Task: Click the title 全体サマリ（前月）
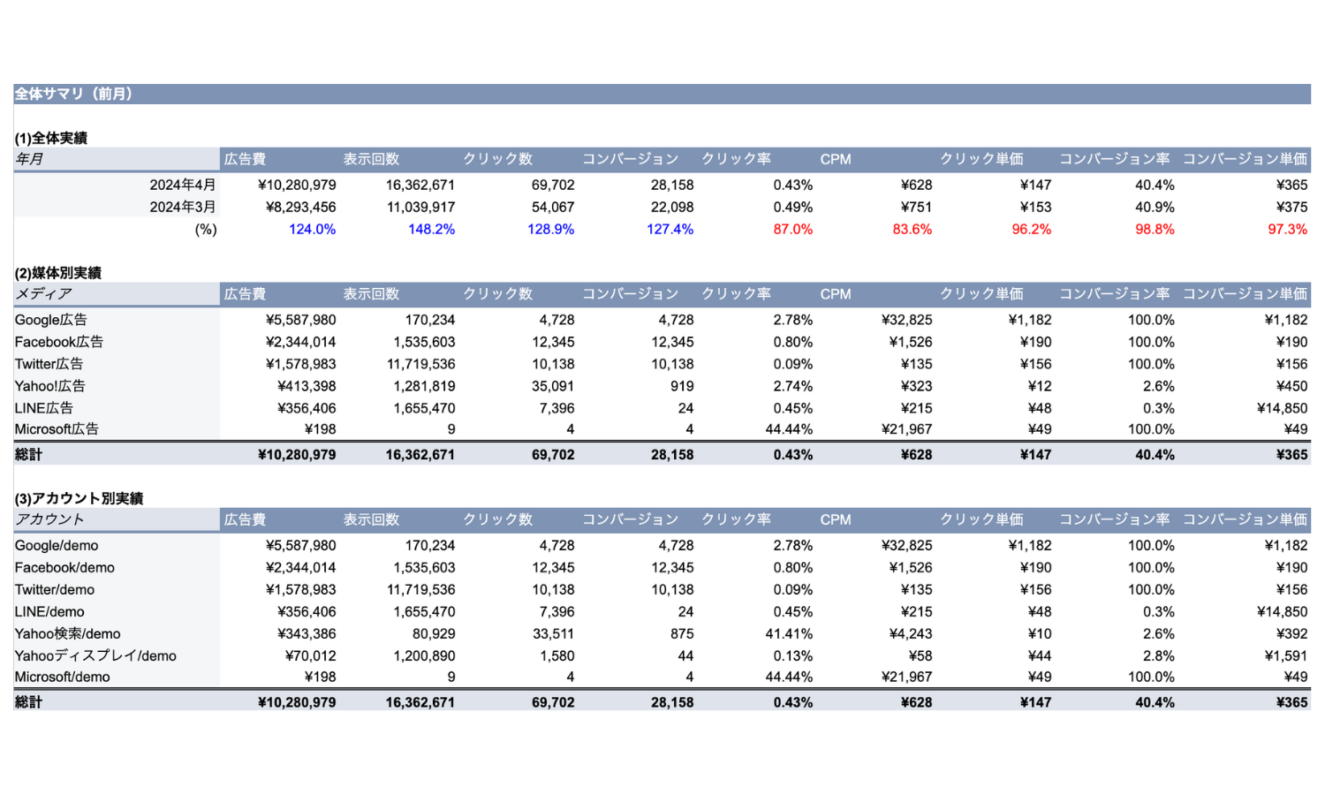click(x=73, y=94)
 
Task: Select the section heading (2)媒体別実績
click(x=58, y=273)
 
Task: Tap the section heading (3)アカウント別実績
click(x=79, y=498)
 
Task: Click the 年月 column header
click(x=29, y=159)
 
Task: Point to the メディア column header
click(x=43, y=294)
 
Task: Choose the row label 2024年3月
click(x=183, y=207)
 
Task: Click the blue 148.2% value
click(x=431, y=229)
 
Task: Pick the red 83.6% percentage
click(x=912, y=229)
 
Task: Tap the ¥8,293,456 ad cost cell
click(x=297, y=207)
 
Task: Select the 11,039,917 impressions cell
click(x=420, y=207)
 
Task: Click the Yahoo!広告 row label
click(x=50, y=386)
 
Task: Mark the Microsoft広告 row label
click(x=57, y=428)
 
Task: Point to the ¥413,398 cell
click(x=307, y=386)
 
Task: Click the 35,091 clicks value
click(x=552, y=386)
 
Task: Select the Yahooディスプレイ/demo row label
click(x=95, y=656)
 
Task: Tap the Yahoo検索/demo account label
click(x=67, y=633)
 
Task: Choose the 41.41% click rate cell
click(x=789, y=633)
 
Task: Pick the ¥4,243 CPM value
click(x=911, y=633)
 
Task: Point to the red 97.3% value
click(x=1287, y=229)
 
